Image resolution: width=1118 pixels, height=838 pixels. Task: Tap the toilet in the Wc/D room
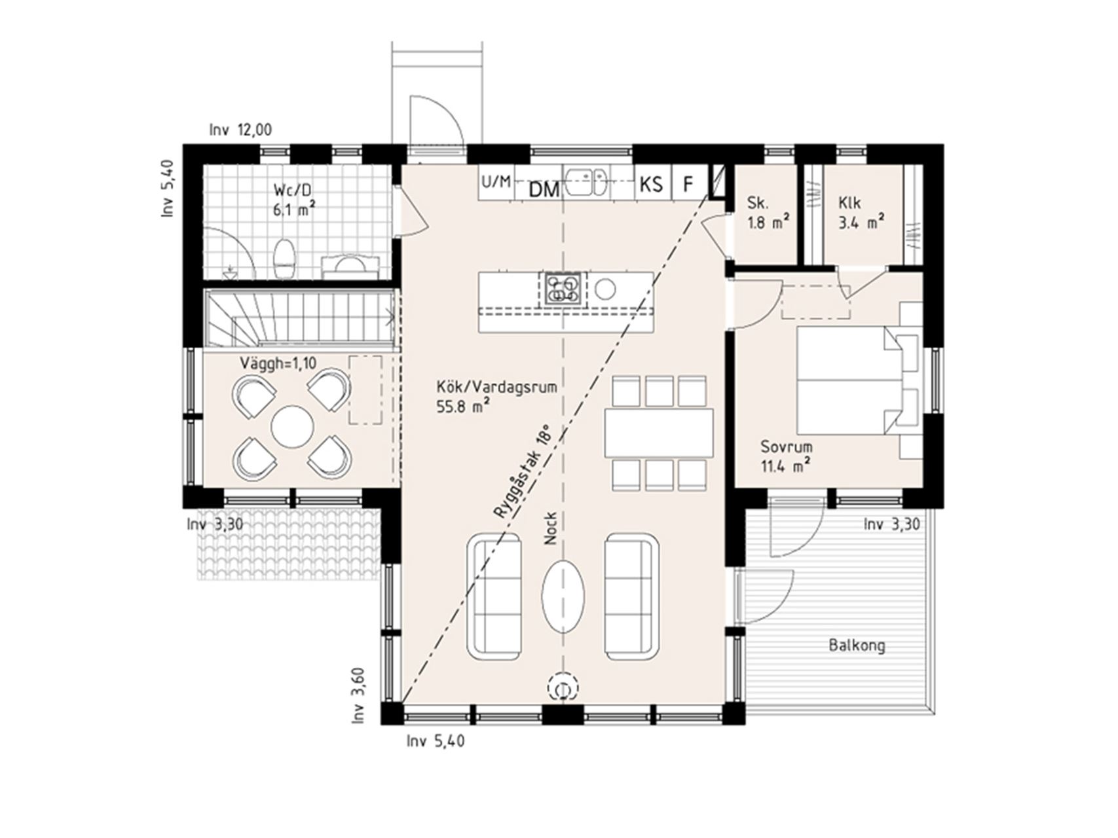(x=284, y=258)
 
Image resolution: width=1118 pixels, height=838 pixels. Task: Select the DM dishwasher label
(x=544, y=190)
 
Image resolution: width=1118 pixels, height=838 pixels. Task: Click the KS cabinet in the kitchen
(x=652, y=185)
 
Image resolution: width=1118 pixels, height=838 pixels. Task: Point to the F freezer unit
(x=688, y=184)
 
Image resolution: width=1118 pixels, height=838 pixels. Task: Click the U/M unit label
(x=496, y=181)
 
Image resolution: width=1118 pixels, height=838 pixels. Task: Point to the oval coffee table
(x=563, y=596)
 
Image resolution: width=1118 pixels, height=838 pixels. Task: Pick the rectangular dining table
(x=659, y=433)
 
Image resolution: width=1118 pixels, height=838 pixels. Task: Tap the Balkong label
(x=857, y=646)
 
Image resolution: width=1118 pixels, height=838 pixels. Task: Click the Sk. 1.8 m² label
(x=768, y=212)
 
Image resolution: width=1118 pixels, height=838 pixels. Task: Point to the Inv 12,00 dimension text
(x=240, y=130)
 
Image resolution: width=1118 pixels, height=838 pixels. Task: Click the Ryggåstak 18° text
(x=521, y=473)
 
